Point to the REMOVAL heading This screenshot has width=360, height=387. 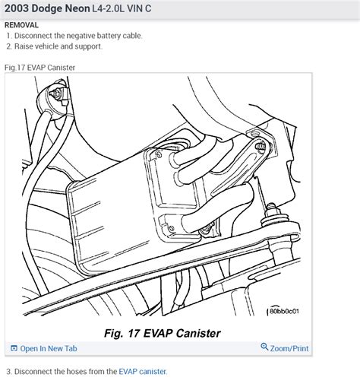coord(21,25)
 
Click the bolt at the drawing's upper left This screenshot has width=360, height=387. coord(56,95)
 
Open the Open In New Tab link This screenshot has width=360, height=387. coord(49,349)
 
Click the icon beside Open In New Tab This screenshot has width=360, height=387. coord(13,349)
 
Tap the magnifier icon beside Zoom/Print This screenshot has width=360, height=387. coord(264,348)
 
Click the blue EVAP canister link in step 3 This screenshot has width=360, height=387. coord(142,372)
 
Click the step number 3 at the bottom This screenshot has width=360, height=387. coord(8,372)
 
